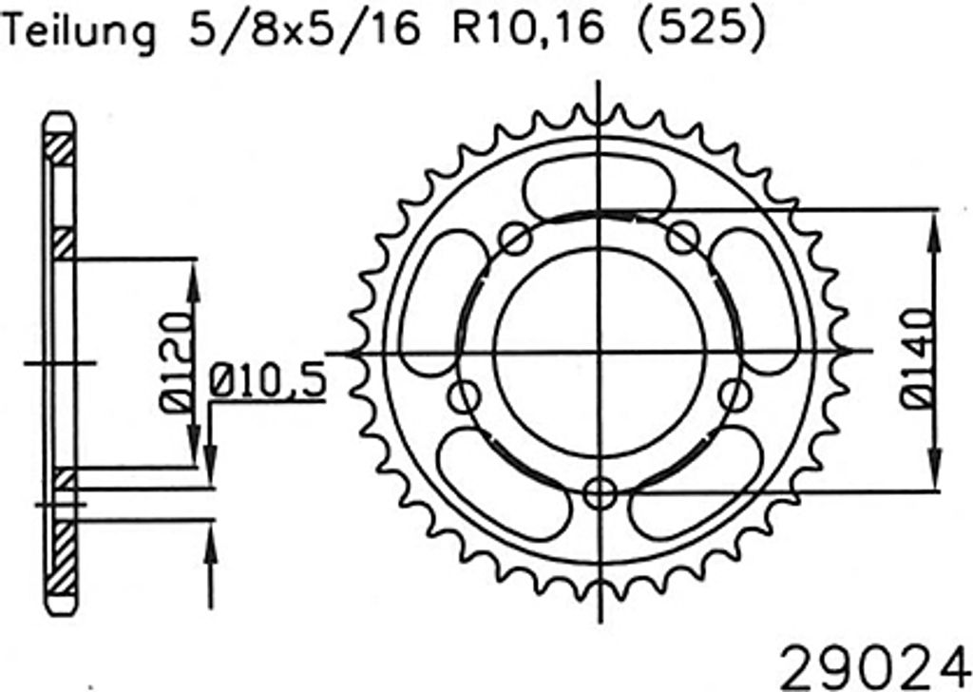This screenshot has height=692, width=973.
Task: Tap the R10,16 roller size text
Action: [x=527, y=29]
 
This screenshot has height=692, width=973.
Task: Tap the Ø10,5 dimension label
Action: [x=267, y=381]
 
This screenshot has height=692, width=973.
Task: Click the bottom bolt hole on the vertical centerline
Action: [x=601, y=493]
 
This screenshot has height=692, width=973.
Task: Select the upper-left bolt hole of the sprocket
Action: [x=516, y=239]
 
